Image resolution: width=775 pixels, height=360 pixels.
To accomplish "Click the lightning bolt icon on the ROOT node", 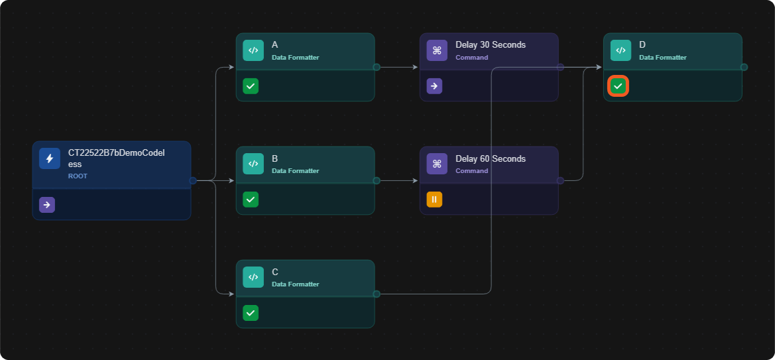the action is point(50,158).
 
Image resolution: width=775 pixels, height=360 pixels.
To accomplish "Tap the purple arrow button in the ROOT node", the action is point(47,205).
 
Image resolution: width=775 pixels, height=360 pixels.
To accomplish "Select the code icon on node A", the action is point(253,50).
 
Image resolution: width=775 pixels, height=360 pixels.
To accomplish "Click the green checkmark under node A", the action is point(251,86).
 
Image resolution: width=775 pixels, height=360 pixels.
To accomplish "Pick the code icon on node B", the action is point(253,164).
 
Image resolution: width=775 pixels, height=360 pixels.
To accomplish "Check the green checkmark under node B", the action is point(251,200).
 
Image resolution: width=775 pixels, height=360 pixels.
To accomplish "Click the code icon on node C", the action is point(253,277).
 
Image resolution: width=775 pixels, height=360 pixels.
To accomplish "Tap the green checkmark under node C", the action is point(251,312).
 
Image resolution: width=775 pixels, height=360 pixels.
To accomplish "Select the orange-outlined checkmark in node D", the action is point(618,86).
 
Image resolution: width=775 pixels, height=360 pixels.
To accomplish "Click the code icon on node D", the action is point(621,50).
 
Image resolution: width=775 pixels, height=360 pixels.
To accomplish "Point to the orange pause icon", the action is point(434,200).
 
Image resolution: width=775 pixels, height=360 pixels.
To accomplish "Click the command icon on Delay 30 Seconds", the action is point(437,50).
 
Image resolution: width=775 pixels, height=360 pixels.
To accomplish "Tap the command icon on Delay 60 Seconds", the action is point(437,164).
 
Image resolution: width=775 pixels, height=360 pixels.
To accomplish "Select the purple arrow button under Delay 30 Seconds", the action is point(434,86).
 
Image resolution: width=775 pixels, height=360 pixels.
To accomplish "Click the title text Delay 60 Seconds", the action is point(491,158).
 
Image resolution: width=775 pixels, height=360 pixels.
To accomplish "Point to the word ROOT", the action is point(78,176).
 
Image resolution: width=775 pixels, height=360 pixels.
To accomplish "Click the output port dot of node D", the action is point(744,67).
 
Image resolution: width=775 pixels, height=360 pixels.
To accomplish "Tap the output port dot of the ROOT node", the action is point(193,180).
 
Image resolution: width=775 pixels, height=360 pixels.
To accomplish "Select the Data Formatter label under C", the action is point(296,284).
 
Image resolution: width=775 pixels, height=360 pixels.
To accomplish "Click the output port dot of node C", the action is point(376,294).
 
